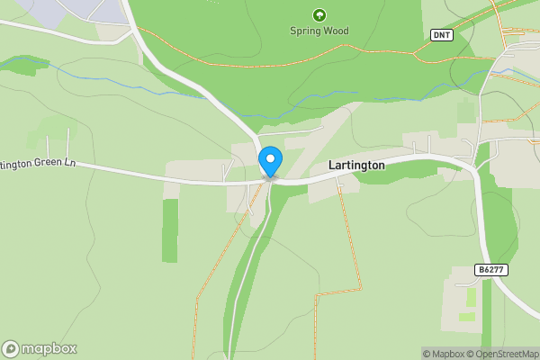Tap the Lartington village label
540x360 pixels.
click(356, 166)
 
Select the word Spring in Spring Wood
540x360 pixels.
click(305, 31)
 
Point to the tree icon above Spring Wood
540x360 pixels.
click(319, 14)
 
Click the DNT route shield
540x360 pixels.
click(440, 35)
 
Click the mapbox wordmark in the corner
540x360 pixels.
click(49, 349)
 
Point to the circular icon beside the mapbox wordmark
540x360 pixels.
click(11, 349)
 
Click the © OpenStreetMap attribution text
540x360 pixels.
click(500, 354)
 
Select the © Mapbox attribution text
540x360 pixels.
click(441, 354)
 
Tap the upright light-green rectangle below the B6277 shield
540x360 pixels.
click(470, 296)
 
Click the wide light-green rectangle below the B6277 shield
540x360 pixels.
click(467, 317)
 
